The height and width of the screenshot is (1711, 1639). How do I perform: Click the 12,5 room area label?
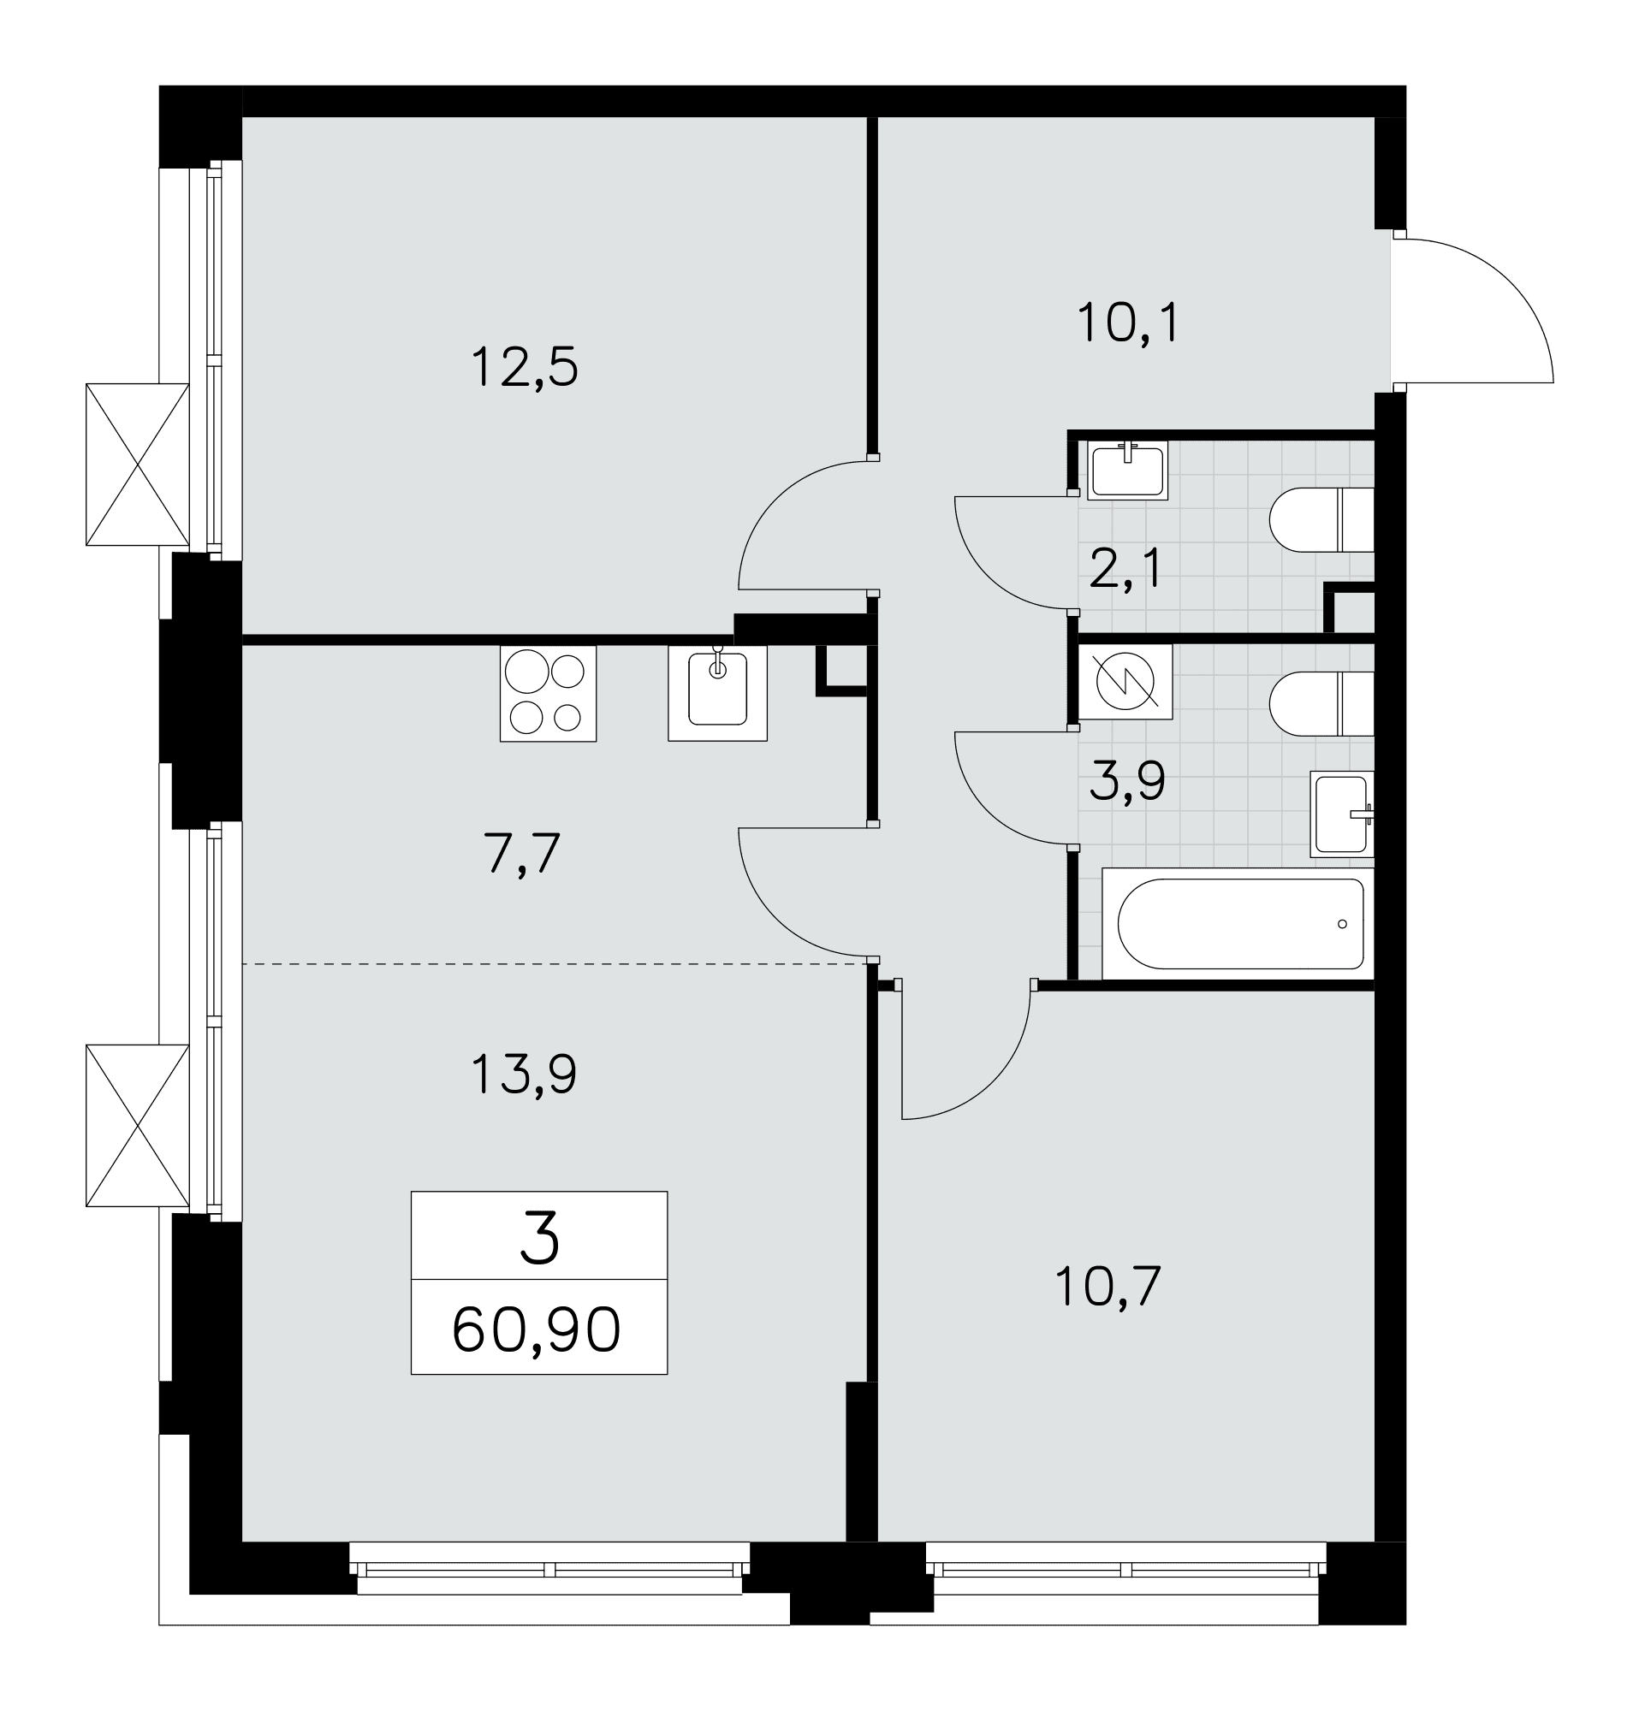(524, 367)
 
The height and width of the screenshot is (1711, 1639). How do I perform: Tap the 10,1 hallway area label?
(1128, 323)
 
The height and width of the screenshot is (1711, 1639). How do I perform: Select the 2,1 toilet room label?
(1125, 569)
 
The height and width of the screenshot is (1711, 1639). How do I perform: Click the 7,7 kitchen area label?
(521, 853)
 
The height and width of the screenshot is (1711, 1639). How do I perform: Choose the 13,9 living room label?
(524, 1074)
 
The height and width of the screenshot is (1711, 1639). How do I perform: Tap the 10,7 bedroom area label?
(1108, 1287)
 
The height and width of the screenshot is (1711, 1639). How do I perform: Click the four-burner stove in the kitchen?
(548, 694)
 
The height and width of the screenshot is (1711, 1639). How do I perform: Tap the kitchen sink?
(717, 693)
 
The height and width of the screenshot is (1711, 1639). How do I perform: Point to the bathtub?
(1238, 924)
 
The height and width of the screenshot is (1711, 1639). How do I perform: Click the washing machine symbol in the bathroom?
(1125, 682)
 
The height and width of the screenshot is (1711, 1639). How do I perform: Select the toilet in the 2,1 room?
(1321, 519)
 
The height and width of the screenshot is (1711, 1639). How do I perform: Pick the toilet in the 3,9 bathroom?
(1321, 703)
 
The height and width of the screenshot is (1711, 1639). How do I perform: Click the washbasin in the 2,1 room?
(1127, 470)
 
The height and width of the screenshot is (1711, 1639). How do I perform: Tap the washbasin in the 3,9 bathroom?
(1342, 814)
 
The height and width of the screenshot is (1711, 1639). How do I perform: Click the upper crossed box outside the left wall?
(137, 465)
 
